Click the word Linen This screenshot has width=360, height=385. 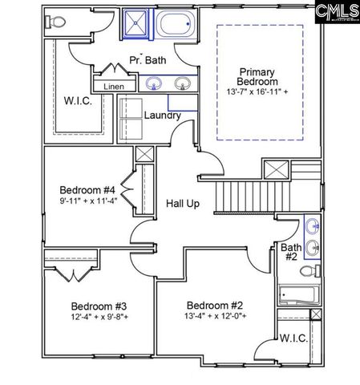point(114,86)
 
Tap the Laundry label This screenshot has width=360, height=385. point(162,115)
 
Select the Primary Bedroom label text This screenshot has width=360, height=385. point(257,76)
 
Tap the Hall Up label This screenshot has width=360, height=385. point(182,204)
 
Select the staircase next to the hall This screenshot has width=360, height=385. point(245,196)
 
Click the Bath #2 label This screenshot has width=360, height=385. point(289,253)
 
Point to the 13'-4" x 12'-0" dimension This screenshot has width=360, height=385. point(216,316)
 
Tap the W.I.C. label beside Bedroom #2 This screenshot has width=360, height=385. point(294,338)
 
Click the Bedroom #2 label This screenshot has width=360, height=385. point(214,305)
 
